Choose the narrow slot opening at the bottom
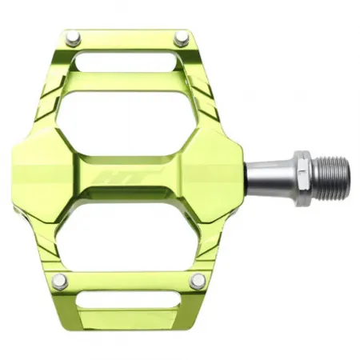128,301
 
